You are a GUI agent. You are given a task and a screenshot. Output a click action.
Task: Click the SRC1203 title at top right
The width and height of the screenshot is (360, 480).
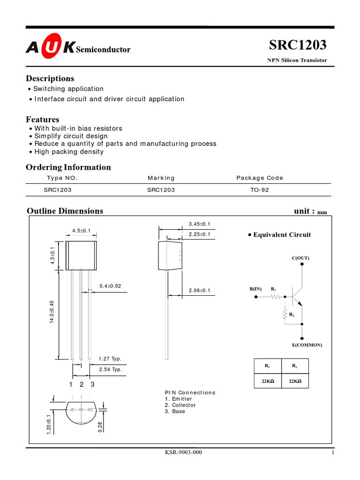[298, 45]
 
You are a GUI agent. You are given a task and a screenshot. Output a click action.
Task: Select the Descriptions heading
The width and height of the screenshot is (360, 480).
[50, 78]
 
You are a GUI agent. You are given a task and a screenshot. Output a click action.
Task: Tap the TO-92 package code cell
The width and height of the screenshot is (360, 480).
[260, 190]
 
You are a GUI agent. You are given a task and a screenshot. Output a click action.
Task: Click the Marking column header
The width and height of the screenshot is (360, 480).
[161, 178]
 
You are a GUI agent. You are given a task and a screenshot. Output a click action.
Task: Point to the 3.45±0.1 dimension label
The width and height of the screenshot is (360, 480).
[199, 224]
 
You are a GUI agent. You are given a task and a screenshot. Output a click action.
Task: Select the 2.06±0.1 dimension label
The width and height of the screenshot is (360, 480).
[199, 291]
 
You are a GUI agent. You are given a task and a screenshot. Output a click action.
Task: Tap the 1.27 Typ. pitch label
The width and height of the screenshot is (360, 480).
[110, 359]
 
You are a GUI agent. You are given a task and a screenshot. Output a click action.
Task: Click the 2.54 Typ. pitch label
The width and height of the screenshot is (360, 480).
[110, 369]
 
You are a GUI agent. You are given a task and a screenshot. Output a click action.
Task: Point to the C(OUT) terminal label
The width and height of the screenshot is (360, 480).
[300, 258]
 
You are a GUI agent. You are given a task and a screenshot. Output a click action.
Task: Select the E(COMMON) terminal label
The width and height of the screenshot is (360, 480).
[307, 345]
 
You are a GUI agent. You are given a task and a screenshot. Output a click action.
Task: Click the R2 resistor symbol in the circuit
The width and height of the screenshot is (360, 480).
[285, 315]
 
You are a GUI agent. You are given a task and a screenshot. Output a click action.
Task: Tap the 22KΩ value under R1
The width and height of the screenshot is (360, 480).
[267, 382]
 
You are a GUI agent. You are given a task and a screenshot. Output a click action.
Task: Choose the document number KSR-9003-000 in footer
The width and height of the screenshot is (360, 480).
[184, 453]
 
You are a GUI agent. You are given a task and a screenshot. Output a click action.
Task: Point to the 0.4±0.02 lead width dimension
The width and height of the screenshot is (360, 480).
[110, 286]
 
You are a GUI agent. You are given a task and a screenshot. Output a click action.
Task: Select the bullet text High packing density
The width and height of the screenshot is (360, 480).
[69, 152]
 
